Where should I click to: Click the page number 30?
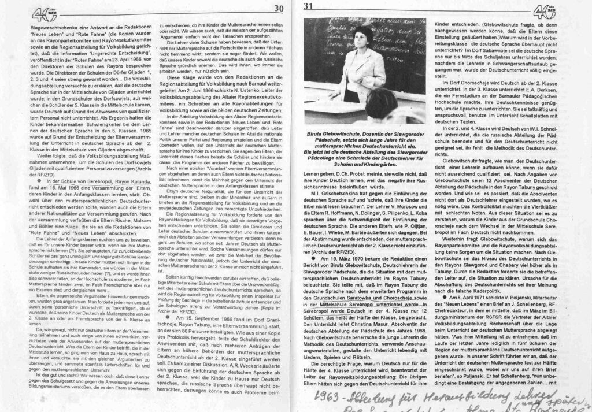tap(279, 8)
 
